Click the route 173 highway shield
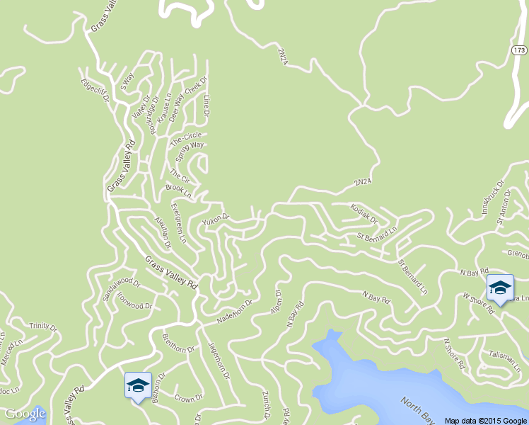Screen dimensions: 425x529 pos(520,50)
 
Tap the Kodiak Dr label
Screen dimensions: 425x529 pos(364,212)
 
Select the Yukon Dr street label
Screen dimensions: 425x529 pos(216,220)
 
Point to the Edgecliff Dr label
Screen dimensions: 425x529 pos(96,90)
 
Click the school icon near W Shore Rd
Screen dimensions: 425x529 pos(500,288)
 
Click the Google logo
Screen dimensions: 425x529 pos(25,414)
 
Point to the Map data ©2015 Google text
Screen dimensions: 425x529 pos(486,420)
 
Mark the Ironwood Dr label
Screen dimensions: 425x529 pos(134,302)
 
